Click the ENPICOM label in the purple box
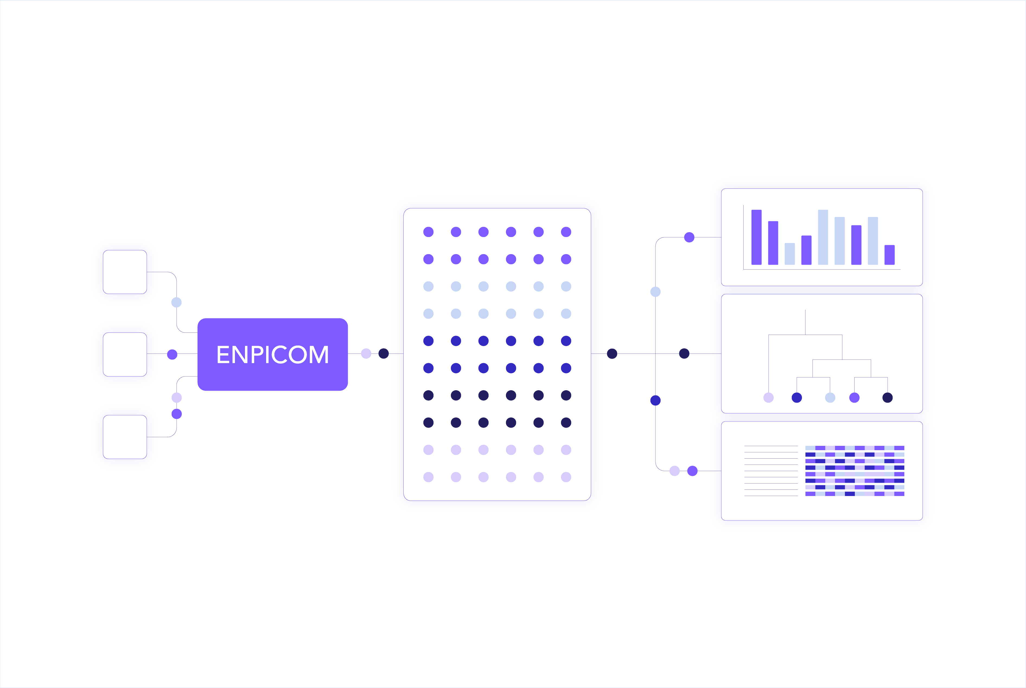[x=273, y=354]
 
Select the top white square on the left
[x=125, y=272]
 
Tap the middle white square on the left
[x=125, y=354]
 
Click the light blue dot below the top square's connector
[x=176, y=302]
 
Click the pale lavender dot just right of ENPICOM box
[x=366, y=354]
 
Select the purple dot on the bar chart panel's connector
[x=689, y=237]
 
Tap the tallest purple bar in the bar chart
[x=757, y=237]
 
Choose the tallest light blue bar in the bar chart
[x=823, y=237]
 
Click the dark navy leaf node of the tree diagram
[x=887, y=398]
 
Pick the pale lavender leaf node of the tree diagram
[x=768, y=398]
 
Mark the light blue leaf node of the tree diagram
[x=830, y=398]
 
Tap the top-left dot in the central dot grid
[x=428, y=232]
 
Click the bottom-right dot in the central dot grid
[x=566, y=477]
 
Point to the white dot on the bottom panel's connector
[x=674, y=471]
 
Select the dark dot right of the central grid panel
[x=612, y=354]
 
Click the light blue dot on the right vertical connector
[x=655, y=292]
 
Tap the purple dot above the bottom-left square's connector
[x=176, y=414]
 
